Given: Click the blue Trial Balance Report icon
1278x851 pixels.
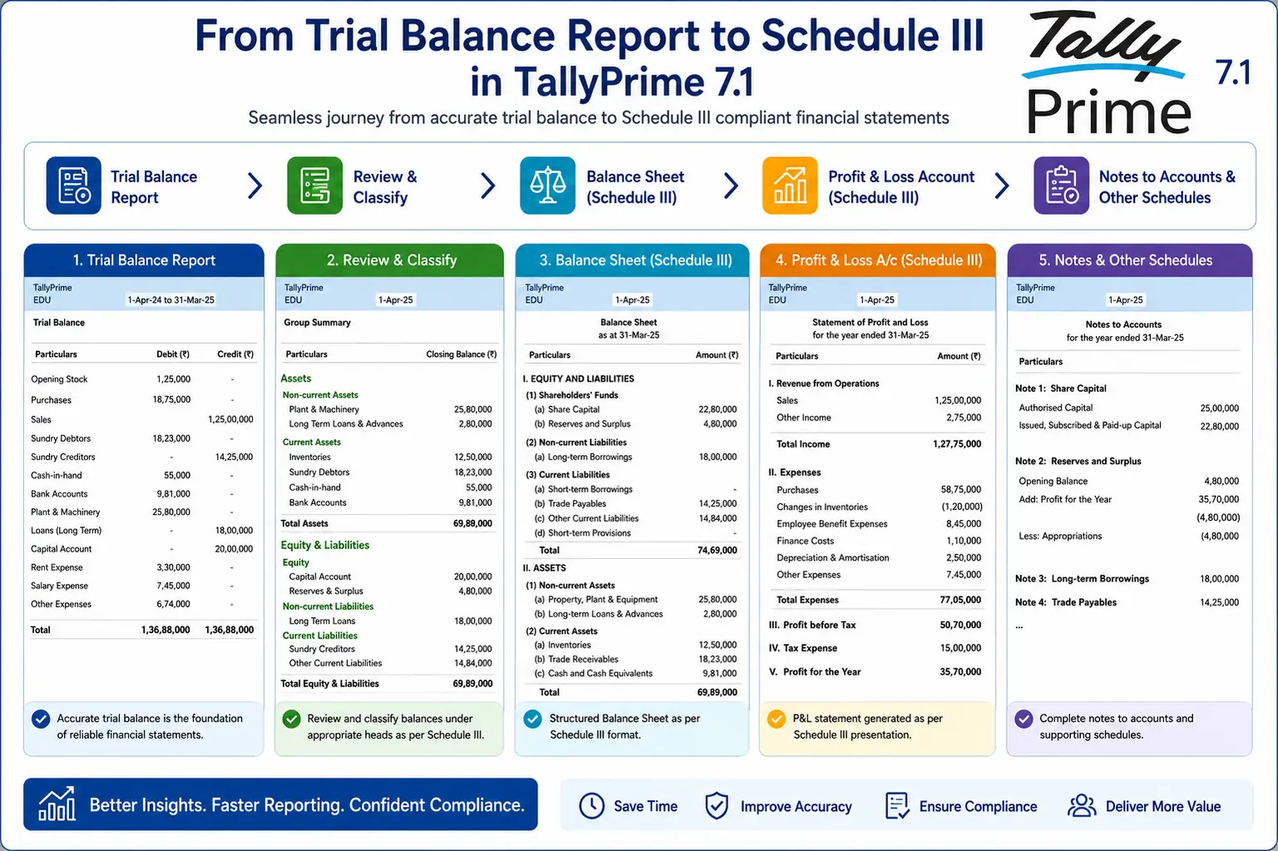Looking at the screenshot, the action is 74,186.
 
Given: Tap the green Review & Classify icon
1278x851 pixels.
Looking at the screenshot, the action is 314,186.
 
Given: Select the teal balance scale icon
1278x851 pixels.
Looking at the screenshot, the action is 547,186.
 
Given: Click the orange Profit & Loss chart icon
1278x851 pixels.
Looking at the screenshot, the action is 790,186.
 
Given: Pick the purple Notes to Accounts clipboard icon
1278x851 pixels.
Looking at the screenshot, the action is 1061,186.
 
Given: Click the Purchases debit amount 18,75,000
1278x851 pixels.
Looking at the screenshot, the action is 171,399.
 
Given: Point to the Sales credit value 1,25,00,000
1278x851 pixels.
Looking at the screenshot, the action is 230,419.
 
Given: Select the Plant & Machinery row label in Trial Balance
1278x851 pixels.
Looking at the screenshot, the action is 65,512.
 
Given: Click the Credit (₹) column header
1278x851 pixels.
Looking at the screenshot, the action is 235,354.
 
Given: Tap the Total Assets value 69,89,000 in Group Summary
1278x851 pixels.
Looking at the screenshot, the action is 472,523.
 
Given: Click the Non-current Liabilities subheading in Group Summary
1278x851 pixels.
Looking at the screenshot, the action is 328,606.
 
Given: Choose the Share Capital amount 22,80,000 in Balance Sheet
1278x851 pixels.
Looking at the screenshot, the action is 718,409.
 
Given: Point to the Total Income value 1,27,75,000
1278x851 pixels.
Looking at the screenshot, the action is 957,444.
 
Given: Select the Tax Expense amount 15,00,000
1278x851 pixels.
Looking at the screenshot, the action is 960,648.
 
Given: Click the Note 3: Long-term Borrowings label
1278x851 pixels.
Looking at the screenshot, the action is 1082,579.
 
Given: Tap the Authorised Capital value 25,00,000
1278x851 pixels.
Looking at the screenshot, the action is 1219,408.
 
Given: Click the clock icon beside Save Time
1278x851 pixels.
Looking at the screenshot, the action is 592,806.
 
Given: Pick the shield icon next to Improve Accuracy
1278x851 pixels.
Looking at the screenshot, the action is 717,806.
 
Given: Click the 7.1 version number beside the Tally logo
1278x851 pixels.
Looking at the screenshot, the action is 1232,72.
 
